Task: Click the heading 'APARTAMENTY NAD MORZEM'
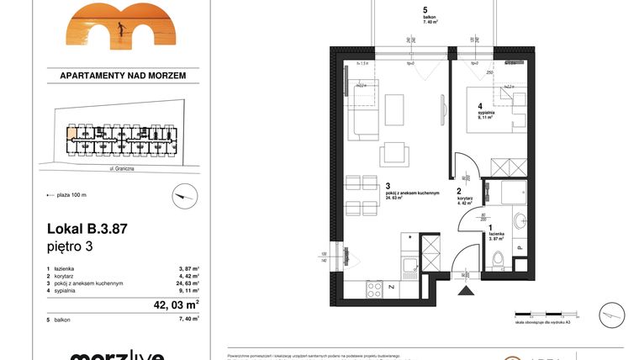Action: coord(123,76)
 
